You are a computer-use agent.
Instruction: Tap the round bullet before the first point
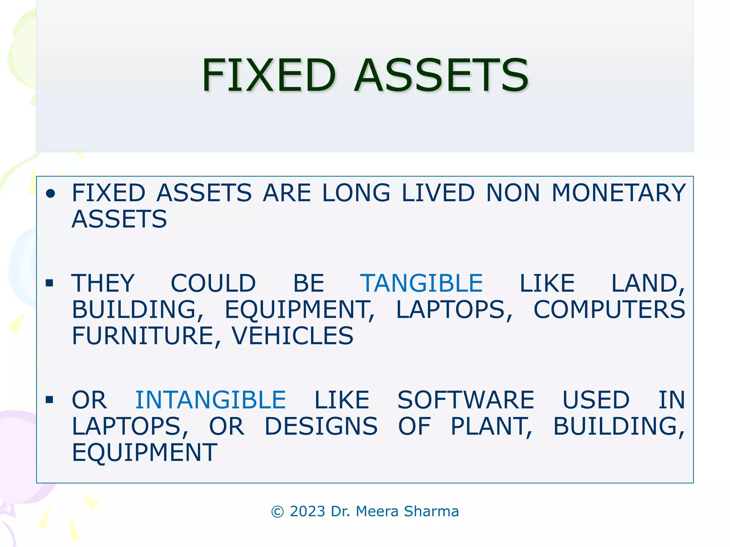pyautogui.click(x=51, y=193)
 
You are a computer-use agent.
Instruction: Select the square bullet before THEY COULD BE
pyautogui.click(x=50, y=283)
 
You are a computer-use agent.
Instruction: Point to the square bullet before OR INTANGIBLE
pyautogui.click(x=50, y=400)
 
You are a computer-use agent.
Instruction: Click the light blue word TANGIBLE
pyautogui.click(x=421, y=283)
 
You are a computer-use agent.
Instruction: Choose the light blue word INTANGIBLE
pyautogui.click(x=210, y=400)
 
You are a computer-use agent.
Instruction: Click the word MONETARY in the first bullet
pyautogui.click(x=618, y=193)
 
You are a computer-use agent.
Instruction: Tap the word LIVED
pyautogui.click(x=438, y=193)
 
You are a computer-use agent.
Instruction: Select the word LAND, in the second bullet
pyautogui.click(x=648, y=283)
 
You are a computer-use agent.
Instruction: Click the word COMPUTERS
pyautogui.click(x=609, y=309)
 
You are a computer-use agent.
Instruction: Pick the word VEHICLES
pyautogui.click(x=293, y=336)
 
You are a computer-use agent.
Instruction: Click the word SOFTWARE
pyautogui.click(x=466, y=400)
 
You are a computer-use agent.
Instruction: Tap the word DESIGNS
pyautogui.click(x=321, y=426)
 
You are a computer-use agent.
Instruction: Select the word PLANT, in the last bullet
pyautogui.click(x=492, y=426)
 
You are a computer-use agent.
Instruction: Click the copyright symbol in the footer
pyautogui.click(x=278, y=512)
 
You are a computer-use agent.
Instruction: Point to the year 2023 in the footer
pyautogui.click(x=308, y=511)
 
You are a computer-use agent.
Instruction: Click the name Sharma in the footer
pyautogui.click(x=431, y=511)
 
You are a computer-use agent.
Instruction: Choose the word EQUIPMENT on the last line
pyautogui.click(x=144, y=453)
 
